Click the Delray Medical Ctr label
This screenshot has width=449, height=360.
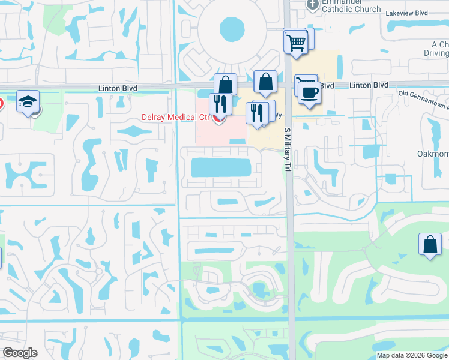(175, 117)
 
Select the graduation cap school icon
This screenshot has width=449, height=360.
(28, 102)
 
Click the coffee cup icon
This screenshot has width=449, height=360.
(309, 92)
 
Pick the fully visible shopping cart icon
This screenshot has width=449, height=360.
(296, 43)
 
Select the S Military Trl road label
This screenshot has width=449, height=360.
(287, 150)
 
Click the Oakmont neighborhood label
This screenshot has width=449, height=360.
(433, 154)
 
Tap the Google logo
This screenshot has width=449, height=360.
(20, 353)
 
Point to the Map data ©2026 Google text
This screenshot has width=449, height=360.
(412, 355)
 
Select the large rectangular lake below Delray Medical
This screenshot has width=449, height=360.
(220, 168)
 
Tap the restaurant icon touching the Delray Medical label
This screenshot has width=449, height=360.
(220, 103)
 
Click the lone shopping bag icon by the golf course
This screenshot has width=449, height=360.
(430, 244)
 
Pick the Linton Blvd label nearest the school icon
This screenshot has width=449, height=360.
(118, 88)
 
